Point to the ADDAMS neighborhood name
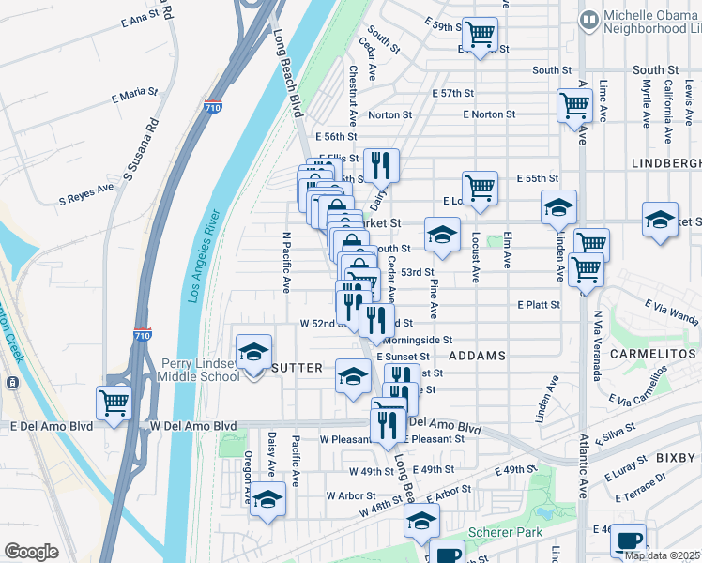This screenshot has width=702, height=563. click(x=478, y=357)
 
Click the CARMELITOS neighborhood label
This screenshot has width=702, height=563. click(x=649, y=356)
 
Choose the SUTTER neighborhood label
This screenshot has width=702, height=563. click(x=297, y=367)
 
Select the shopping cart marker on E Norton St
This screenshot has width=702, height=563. click(x=573, y=104)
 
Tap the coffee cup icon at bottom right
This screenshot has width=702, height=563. click(x=628, y=540)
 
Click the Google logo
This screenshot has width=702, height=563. click(x=31, y=551)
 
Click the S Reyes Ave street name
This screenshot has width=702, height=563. click(x=85, y=199)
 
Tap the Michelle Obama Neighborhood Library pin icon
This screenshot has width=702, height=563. click(x=589, y=19)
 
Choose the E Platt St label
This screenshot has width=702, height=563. click(x=538, y=305)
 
